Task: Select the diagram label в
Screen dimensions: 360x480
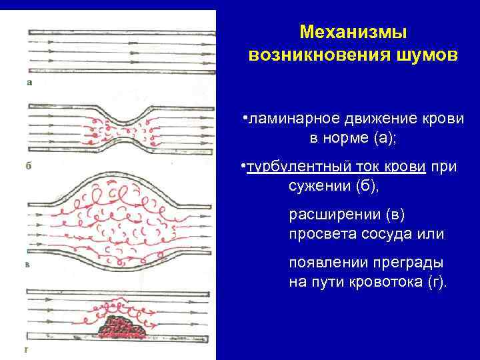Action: click(x=29, y=265)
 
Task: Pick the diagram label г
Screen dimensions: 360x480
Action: click(x=26, y=348)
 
